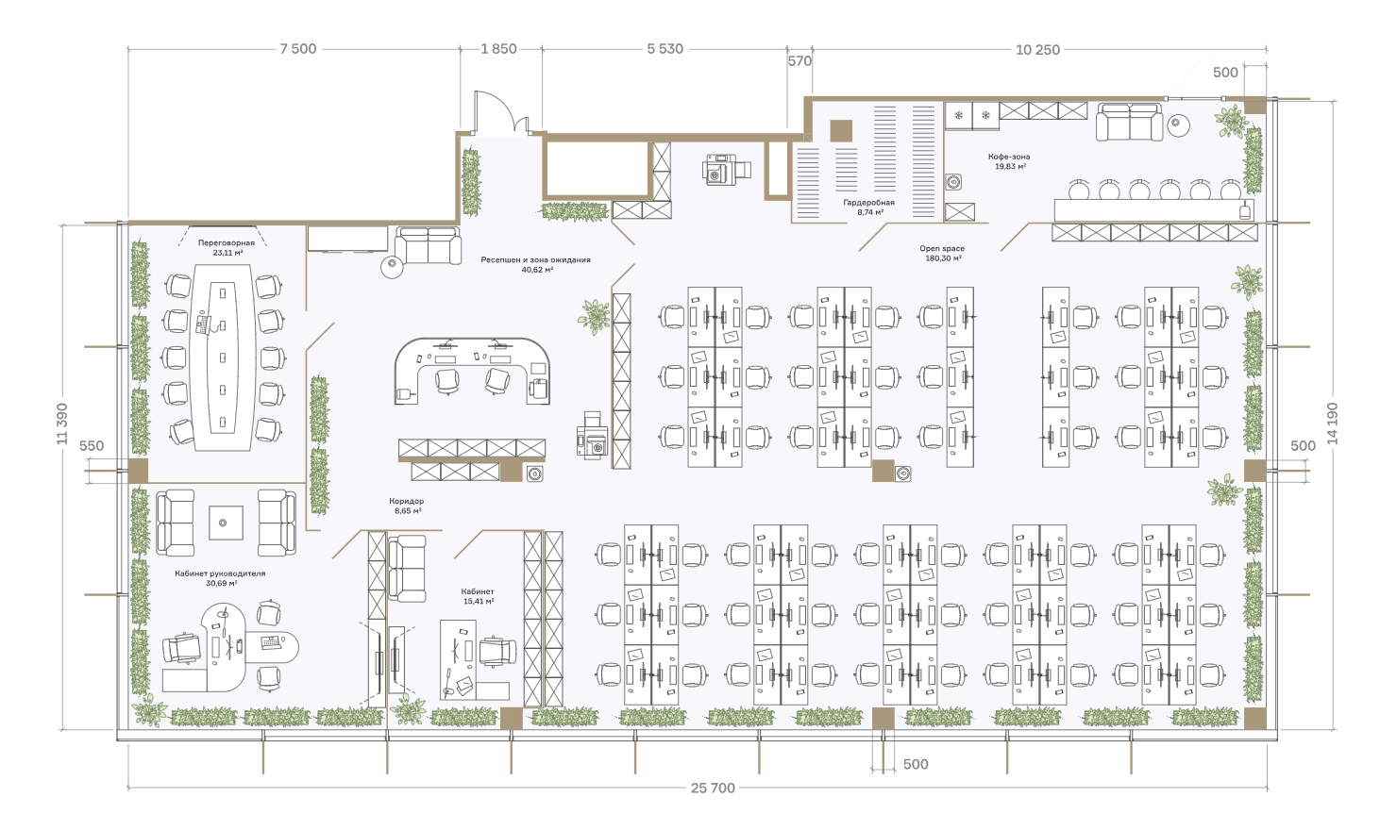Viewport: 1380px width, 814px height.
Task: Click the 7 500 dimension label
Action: click(298, 49)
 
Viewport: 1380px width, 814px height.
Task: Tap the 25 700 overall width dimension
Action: click(713, 789)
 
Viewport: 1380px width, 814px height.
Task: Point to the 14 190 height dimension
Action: click(1333, 424)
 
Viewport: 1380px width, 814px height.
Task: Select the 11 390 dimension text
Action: click(62, 424)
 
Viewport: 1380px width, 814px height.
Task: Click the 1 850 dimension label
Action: click(499, 49)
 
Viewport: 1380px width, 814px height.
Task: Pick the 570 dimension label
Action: click(799, 61)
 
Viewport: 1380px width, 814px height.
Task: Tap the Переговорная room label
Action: click(227, 243)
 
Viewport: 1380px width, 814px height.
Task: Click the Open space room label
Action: click(942, 249)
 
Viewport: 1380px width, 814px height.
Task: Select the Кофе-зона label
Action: click(1009, 157)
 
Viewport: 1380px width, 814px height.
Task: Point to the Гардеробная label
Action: click(868, 203)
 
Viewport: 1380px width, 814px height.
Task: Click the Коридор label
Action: click(407, 501)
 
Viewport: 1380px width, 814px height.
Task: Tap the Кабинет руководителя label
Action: click(220, 573)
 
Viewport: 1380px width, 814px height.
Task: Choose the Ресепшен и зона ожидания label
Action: click(535, 259)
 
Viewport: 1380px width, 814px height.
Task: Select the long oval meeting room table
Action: click(223, 357)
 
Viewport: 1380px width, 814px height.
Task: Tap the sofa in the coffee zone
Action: click(1129, 122)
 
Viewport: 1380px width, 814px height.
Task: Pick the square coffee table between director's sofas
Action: click(226, 523)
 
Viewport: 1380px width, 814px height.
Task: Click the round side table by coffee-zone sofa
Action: click(1178, 125)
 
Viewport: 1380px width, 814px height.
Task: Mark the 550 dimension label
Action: click(92, 446)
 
